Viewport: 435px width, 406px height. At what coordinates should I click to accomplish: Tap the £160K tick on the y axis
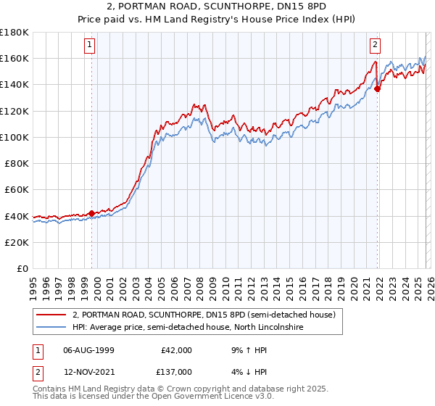click(14, 58)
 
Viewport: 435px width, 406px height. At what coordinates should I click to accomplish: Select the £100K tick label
click(14, 137)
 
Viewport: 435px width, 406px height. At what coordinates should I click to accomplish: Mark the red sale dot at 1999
click(91, 213)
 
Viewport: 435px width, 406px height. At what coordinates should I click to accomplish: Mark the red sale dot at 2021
click(378, 88)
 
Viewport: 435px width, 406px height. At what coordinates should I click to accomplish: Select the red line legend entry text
click(204, 315)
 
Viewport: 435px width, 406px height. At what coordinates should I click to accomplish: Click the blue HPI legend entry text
click(187, 328)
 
